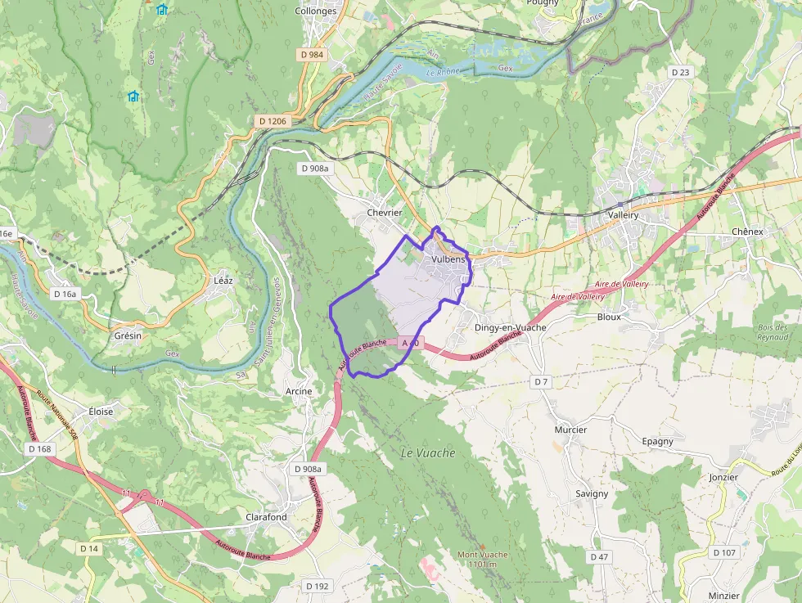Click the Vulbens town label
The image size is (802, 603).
(448, 259)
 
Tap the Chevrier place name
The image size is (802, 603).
(385, 213)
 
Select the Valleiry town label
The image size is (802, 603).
(624, 214)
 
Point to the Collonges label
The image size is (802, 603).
(315, 11)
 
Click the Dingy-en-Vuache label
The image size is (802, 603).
(510, 327)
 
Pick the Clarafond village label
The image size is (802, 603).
(267, 517)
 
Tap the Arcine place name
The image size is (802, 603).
(299, 392)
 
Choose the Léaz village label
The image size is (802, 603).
(223, 281)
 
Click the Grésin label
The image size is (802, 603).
(128, 336)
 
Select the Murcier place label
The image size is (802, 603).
(570, 430)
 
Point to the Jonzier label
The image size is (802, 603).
(723, 477)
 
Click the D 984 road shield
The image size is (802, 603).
(311, 55)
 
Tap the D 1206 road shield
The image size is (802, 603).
(273, 121)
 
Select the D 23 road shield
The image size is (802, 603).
(681, 72)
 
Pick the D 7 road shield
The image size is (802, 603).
(540, 382)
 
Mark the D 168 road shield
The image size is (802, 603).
(39, 449)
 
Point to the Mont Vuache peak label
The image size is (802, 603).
(483, 560)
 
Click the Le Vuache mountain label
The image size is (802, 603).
(428, 453)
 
